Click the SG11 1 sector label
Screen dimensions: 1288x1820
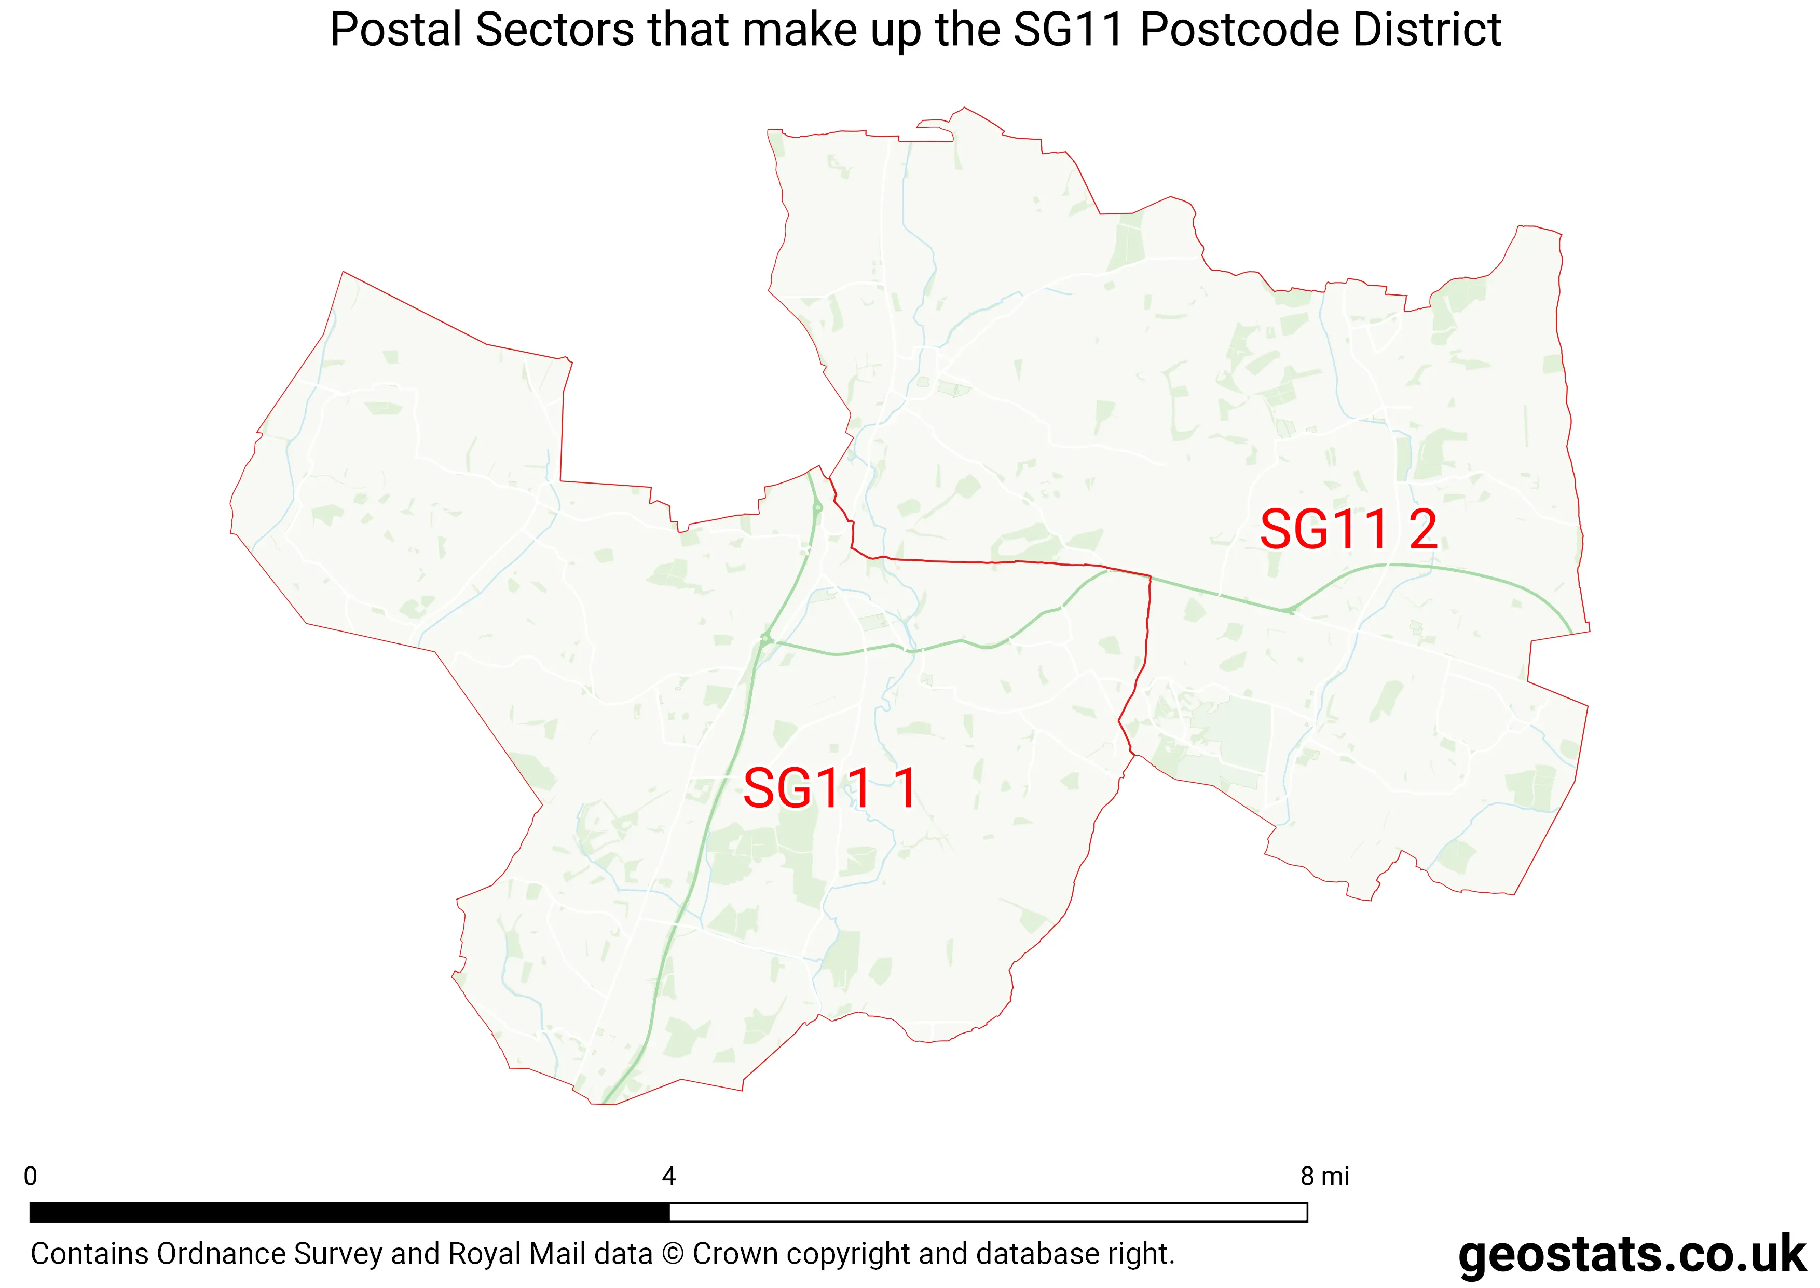830,788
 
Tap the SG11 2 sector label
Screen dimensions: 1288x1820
1348,530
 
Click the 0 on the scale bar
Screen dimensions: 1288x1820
30,1176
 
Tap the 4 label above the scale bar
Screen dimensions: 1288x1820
669,1176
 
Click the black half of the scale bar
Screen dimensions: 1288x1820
349,1212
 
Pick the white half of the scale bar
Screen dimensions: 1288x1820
988,1212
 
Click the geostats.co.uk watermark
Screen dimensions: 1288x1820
1632,1255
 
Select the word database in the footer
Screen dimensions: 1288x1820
1034,1254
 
